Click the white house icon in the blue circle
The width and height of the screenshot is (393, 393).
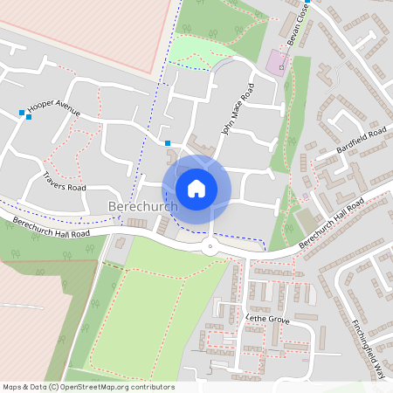coord(196,189)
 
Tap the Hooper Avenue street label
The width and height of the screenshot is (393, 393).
coord(53,110)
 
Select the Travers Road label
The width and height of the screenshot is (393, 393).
coord(65,182)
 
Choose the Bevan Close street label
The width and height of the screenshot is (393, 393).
coord(299,24)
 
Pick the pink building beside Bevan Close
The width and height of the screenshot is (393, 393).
coord(278,61)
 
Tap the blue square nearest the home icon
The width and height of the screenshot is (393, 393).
coord(168,143)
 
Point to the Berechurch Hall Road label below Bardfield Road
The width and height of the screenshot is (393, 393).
coord(330,224)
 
